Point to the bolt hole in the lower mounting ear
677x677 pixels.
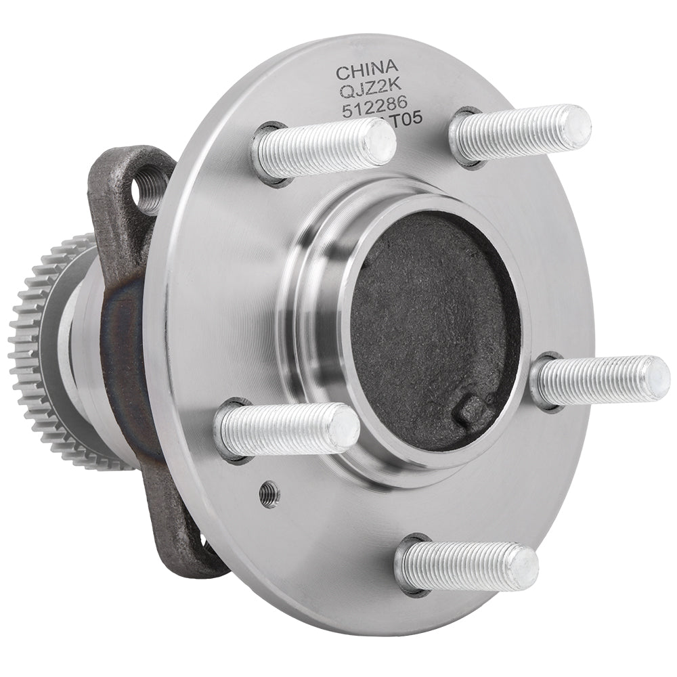pyautogui.click(x=202, y=542)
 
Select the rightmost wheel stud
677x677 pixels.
pyautogui.click(x=599, y=380)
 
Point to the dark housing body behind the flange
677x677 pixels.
pyautogui.click(x=125, y=352)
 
